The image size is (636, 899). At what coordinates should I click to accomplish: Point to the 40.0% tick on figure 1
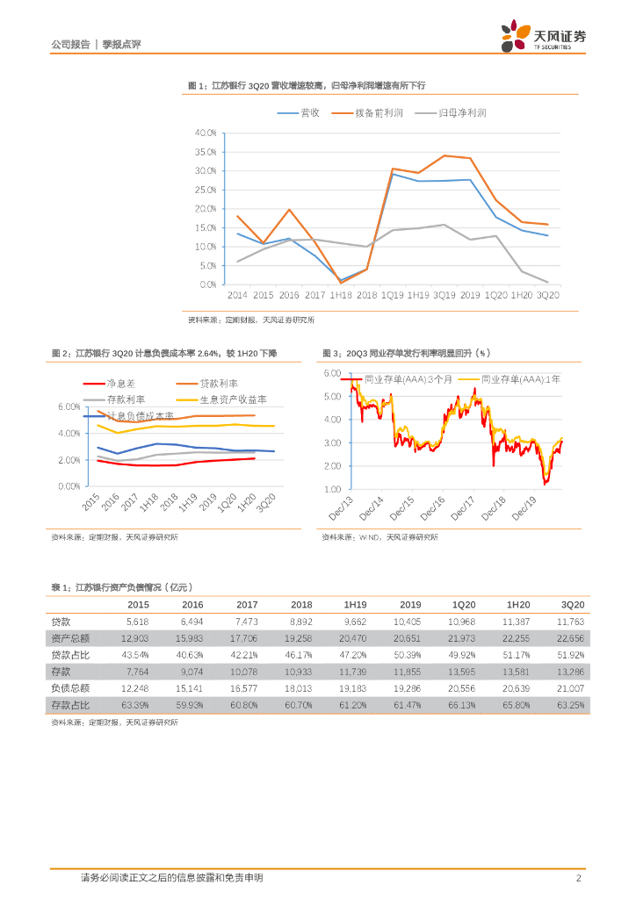[x=206, y=133]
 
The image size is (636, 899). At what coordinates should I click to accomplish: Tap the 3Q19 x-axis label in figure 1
[x=443, y=296]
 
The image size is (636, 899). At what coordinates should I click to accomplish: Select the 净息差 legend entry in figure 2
[x=119, y=384]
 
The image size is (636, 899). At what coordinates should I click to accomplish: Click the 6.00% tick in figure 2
[x=69, y=407]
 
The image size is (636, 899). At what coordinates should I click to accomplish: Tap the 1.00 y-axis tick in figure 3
[x=332, y=489]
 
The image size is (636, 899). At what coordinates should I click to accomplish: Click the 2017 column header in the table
[x=247, y=605]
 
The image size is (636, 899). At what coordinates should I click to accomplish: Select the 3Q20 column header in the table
[x=573, y=605]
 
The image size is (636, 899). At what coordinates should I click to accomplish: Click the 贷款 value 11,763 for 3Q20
[x=572, y=622]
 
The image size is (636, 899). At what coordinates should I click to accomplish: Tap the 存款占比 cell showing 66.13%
[x=463, y=705]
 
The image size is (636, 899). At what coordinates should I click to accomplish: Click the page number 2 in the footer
[x=578, y=878]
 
